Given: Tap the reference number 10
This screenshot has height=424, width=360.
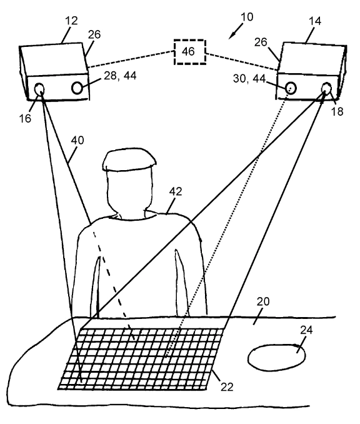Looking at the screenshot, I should point(246,17).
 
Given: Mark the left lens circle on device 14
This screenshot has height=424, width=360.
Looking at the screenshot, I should point(290,89).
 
